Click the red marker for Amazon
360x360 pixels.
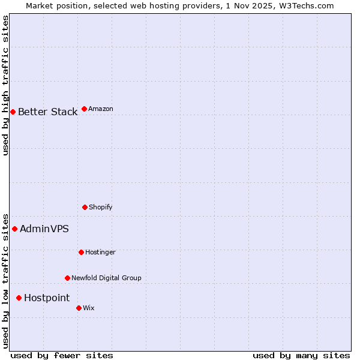coord(84,109)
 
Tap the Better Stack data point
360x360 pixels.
coord(13,112)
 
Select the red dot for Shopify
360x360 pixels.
coord(85,207)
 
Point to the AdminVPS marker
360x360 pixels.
coord(14,229)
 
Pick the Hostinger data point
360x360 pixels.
coord(81,252)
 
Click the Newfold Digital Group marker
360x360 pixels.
coord(67,278)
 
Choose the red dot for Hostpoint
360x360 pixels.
coord(19,298)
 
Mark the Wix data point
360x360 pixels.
coord(79,308)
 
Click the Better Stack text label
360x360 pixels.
coord(47,112)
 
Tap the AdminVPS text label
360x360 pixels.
coord(44,229)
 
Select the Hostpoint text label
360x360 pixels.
coord(47,298)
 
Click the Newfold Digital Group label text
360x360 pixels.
coord(106,278)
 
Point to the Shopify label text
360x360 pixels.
coord(100,207)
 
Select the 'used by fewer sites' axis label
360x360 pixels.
coord(62,355)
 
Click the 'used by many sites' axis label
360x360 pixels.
coord(301,355)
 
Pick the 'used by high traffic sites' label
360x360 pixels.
coord(5,85)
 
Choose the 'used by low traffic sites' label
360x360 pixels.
coord(5,280)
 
